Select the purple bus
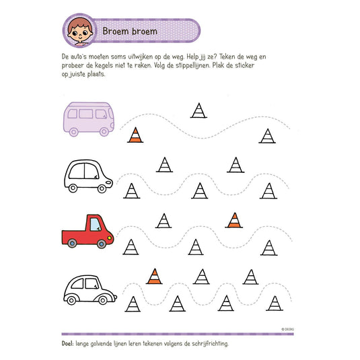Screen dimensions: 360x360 coord(90,120)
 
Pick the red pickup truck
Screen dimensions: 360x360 coord(87,231)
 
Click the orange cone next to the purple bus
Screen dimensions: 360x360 coord(135,135)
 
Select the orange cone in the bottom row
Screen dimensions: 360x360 coord(155,275)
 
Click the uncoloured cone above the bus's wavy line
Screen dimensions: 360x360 coord(198,109)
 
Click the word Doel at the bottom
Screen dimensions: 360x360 coord(69,343)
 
